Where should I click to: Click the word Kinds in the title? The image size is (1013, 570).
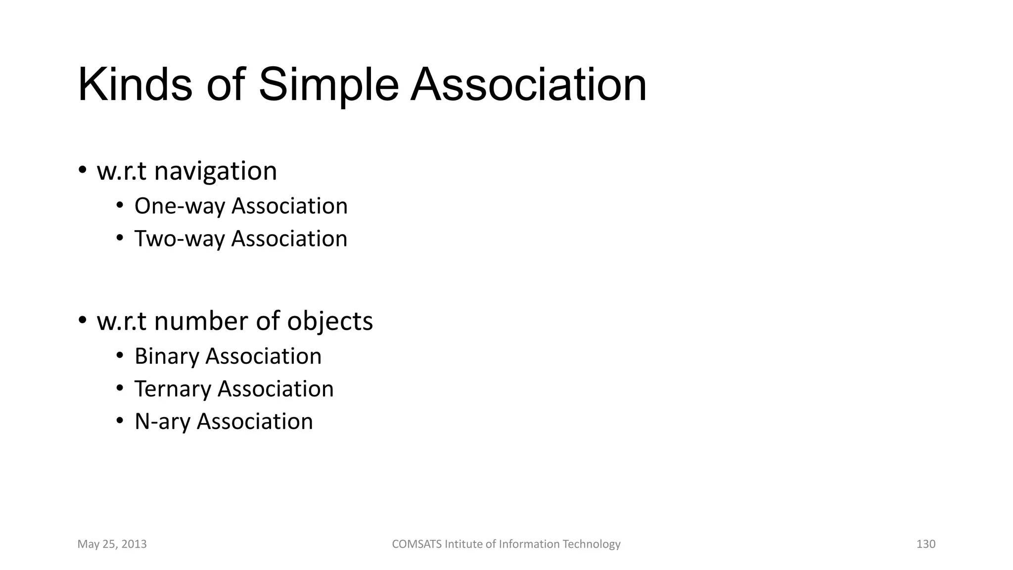(135, 85)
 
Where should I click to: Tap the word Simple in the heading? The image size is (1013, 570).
(328, 85)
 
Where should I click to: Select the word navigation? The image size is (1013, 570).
(215, 172)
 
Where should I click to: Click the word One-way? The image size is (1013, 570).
(179, 206)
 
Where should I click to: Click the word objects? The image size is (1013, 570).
(330, 322)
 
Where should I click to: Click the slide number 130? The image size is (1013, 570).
(925, 544)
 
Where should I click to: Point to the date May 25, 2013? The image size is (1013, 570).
(112, 544)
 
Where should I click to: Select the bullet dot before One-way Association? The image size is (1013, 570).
(120, 205)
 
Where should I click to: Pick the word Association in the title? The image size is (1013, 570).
(528, 85)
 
